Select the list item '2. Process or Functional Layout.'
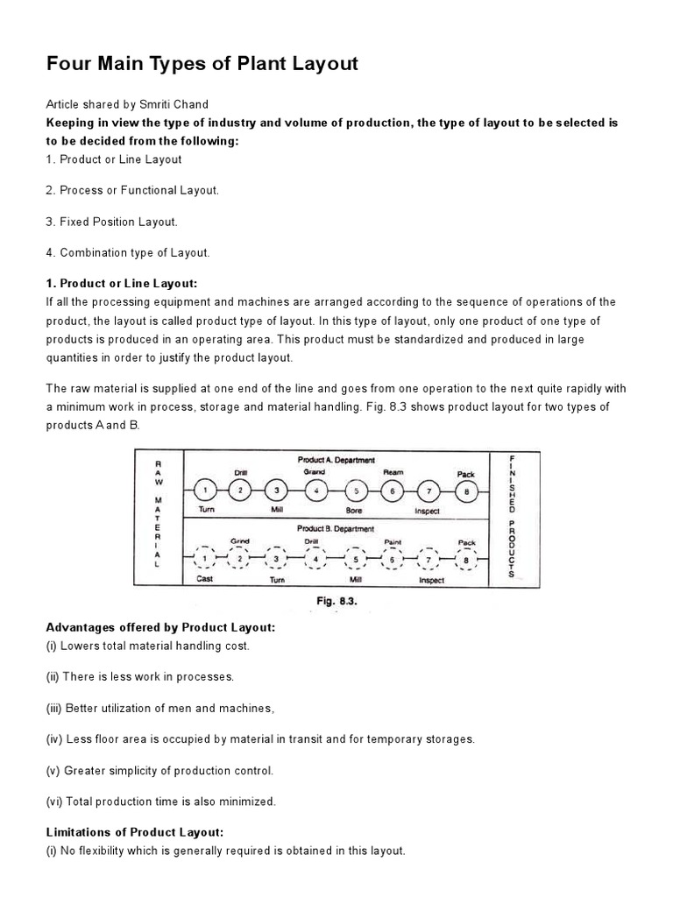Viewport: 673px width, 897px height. click(132, 190)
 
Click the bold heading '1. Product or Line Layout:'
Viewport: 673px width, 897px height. click(122, 284)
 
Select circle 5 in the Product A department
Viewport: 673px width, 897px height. click(355, 491)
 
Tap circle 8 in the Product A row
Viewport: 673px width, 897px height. click(466, 491)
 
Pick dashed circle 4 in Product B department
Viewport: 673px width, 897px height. click(316, 559)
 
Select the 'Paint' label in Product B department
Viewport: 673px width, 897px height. click(393, 541)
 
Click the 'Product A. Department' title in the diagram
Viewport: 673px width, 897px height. click(336, 460)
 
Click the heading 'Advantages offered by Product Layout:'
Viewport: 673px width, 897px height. click(160, 628)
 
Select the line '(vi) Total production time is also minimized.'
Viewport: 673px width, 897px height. click(160, 801)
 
